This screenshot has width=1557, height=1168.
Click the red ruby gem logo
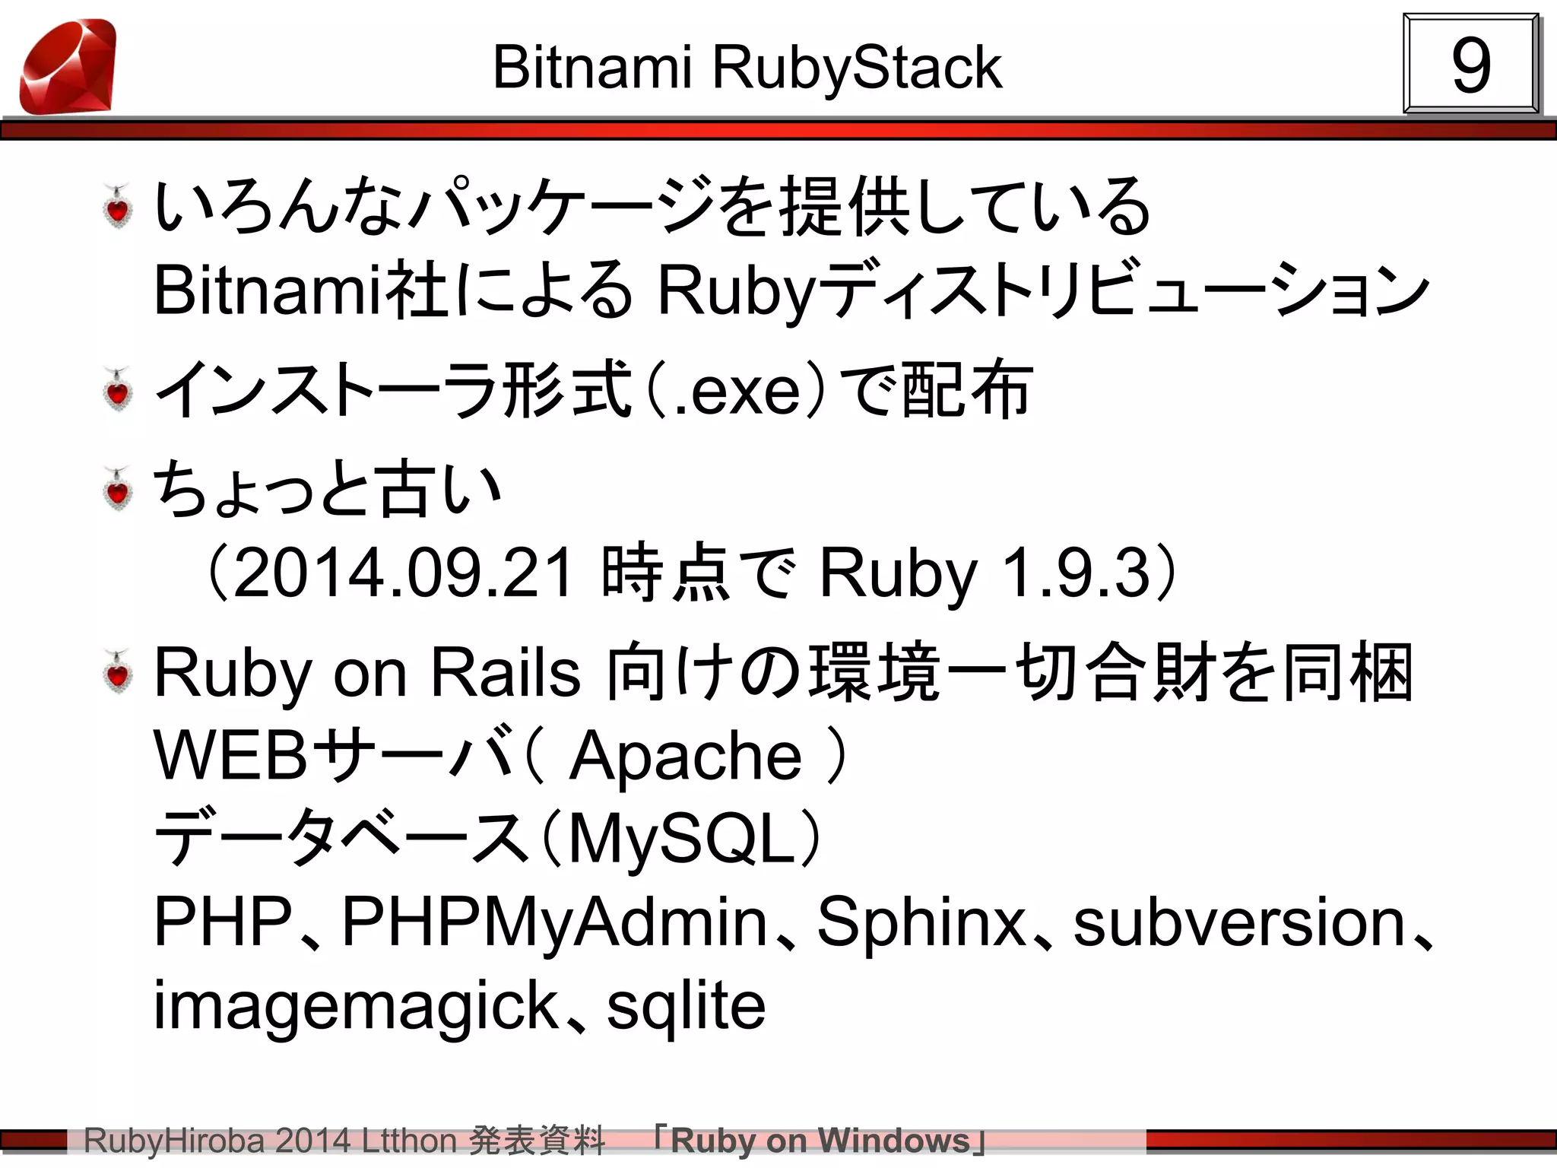pyautogui.click(x=68, y=67)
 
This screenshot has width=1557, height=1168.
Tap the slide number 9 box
pyautogui.click(x=1470, y=65)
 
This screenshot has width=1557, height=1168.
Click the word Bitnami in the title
pyautogui.click(x=592, y=68)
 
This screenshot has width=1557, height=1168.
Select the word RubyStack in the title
pyautogui.click(x=857, y=68)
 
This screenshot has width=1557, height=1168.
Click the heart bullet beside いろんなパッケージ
pyautogui.click(x=118, y=206)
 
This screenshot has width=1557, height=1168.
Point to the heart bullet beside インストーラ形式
pyautogui.click(x=118, y=389)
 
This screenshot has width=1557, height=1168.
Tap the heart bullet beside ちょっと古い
pyautogui.click(x=118, y=488)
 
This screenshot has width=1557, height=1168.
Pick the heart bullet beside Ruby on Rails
pyautogui.click(x=118, y=672)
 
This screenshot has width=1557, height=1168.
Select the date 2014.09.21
pyautogui.click(x=403, y=573)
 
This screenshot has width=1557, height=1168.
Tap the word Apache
pyautogui.click(x=686, y=756)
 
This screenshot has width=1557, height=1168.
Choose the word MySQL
pyautogui.click(x=682, y=839)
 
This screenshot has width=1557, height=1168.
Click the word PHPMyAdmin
pyautogui.click(x=554, y=922)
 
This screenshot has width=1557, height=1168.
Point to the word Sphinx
pyautogui.click(x=921, y=922)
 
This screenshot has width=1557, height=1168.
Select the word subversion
pyautogui.click(x=1238, y=922)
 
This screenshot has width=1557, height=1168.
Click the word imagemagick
pyautogui.click(x=357, y=1006)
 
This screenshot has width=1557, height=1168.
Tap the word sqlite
pyautogui.click(x=686, y=1006)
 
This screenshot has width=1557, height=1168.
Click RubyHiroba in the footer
pyautogui.click(x=174, y=1141)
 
